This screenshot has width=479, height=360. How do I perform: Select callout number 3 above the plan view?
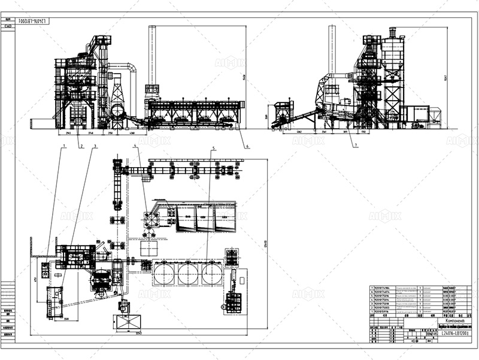click(95, 146)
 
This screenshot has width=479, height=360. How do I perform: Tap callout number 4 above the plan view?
click(136, 146)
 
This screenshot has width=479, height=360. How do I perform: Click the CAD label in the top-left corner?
click(9, 26)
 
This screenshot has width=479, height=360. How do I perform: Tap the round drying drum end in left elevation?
click(117, 111)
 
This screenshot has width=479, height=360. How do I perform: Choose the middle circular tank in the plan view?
click(187, 274)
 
